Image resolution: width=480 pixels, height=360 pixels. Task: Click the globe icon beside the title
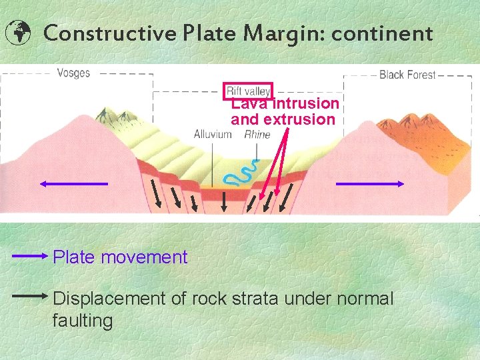[17, 32]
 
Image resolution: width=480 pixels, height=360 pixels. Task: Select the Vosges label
[73, 73]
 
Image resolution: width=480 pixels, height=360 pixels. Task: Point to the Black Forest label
[407, 75]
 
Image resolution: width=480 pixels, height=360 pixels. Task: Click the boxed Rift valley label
[249, 91]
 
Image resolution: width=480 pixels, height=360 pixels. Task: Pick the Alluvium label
[213, 134]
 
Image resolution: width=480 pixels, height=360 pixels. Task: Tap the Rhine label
[257, 134]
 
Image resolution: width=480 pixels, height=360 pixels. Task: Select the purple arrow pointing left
[73, 183]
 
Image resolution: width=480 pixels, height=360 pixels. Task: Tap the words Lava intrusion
[285, 104]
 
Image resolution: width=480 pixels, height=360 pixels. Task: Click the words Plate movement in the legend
[120, 257]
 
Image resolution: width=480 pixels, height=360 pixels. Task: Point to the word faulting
[83, 321]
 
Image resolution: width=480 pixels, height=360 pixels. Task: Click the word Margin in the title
[289, 33]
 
